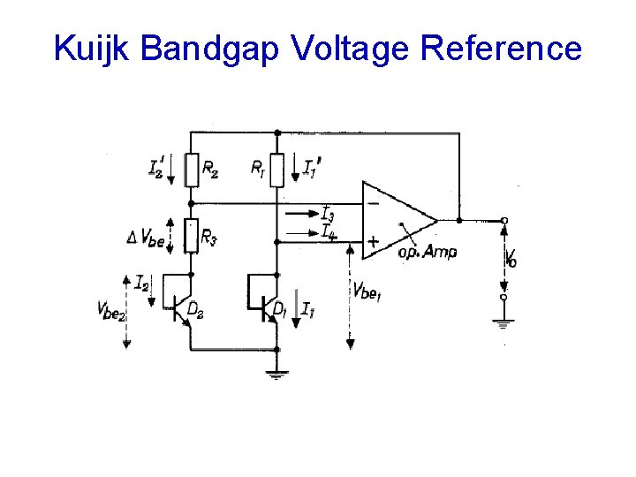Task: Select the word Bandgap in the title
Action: [208, 49]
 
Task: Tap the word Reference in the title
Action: [501, 49]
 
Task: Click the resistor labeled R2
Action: [191, 169]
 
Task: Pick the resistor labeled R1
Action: [277, 169]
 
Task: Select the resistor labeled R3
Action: [191, 236]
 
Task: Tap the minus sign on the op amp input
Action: [374, 203]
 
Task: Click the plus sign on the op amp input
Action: [374, 240]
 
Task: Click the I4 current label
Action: [328, 233]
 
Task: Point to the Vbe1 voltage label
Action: [367, 291]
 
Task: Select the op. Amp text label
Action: [428, 253]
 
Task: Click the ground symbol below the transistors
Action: [277, 375]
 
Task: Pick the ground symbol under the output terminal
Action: [503, 322]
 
